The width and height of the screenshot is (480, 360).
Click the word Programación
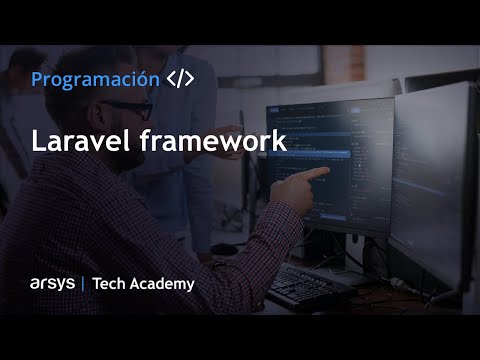[95, 79]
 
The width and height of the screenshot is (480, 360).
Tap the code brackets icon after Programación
[180, 79]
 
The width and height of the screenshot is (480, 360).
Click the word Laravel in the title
[79, 141]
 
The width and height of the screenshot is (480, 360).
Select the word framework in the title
[211, 141]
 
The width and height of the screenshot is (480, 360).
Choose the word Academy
[162, 284]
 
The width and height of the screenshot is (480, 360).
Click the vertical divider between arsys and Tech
[82, 284]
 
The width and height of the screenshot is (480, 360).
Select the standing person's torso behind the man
[180, 150]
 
